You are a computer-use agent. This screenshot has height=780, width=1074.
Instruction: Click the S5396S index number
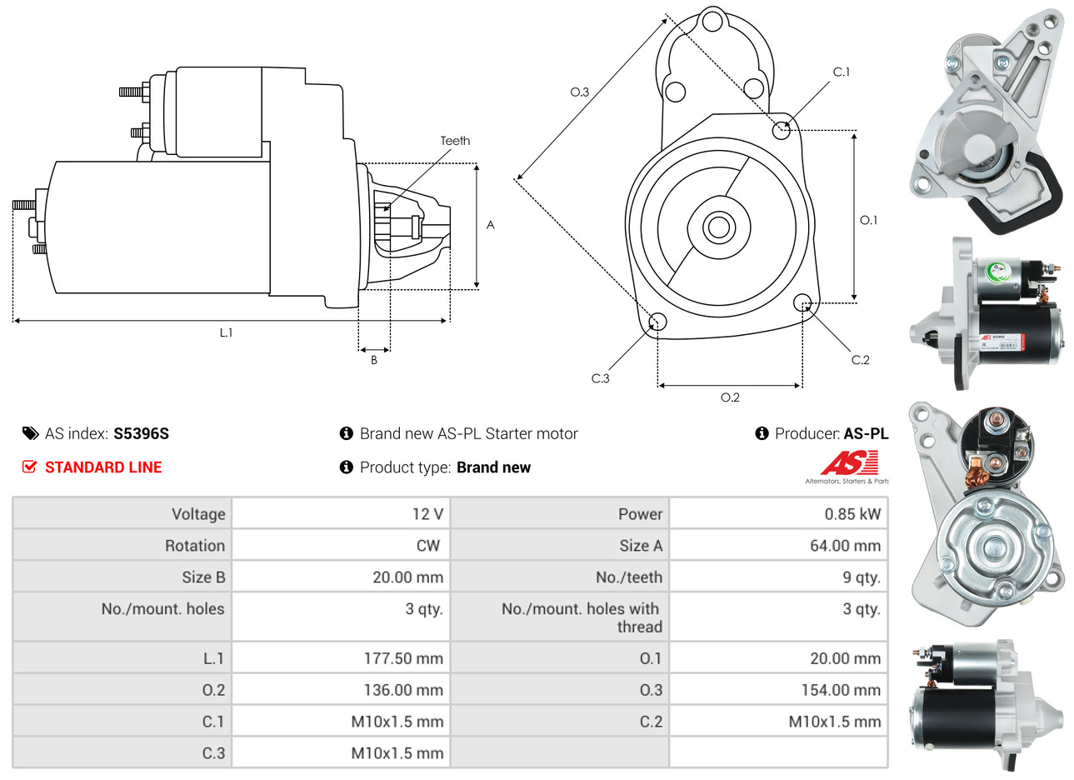(141, 433)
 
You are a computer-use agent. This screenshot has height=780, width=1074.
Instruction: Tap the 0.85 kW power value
(852, 514)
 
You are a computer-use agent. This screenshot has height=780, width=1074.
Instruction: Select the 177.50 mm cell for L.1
(403, 658)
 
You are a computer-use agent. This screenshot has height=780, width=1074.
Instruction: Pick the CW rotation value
(427, 546)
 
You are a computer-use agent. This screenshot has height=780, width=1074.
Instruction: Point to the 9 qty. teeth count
(861, 577)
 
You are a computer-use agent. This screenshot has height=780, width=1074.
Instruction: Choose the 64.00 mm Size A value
(845, 546)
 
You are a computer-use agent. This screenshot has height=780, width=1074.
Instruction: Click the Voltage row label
(198, 514)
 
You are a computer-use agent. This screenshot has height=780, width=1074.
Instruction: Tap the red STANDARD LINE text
(103, 467)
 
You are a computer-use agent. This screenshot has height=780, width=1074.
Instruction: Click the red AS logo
(849, 462)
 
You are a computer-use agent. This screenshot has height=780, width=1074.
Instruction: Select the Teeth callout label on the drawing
(455, 141)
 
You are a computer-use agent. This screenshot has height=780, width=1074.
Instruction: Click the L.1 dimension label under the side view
(226, 332)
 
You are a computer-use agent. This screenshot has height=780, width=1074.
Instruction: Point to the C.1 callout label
(842, 72)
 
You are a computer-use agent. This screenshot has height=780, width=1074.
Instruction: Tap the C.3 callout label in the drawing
(600, 378)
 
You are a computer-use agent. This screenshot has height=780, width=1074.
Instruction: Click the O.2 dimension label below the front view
(730, 397)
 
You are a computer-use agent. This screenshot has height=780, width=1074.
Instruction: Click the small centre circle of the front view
(717, 227)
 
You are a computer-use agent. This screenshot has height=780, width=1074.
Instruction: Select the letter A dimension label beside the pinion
(491, 225)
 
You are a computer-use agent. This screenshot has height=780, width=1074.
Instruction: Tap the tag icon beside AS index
(30, 433)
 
